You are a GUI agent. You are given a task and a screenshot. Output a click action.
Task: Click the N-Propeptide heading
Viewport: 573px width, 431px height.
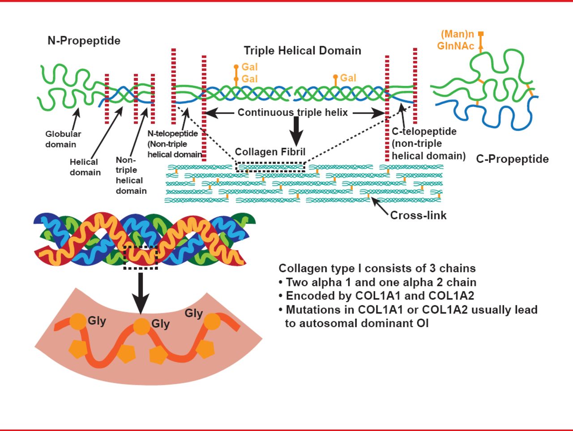pyautogui.click(x=84, y=41)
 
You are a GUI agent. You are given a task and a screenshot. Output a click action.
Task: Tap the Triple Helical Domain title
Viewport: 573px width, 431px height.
pyautogui.click(x=302, y=51)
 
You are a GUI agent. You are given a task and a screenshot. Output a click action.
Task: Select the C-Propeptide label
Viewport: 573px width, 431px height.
pyautogui.click(x=512, y=159)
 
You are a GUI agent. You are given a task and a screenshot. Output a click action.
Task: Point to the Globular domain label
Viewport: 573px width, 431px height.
pyautogui.click(x=63, y=139)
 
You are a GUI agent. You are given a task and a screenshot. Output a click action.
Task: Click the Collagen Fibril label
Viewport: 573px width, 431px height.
pyautogui.click(x=270, y=152)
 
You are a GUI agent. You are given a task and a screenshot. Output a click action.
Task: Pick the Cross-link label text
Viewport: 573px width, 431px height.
pyautogui.click(x=418, y=215)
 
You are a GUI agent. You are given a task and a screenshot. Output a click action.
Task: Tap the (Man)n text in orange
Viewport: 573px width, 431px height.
pyautogui.click(x=457, y=34)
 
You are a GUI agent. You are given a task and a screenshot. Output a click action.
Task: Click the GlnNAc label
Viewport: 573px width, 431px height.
pyautogui.click(x=455, y=46)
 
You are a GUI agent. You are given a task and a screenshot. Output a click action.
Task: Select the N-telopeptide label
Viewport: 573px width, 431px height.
pyautogui.click(x=173, y=133)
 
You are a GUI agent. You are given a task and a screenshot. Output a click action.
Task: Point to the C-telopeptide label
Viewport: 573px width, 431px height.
pyautogui.click(x=424, y=132)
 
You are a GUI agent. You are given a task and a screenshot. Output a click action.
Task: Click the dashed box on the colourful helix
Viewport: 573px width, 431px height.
pyautogui.click(x=141, y=258)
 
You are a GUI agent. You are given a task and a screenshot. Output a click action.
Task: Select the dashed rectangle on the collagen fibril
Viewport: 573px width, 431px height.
pyautogui.click(x=270, y=167)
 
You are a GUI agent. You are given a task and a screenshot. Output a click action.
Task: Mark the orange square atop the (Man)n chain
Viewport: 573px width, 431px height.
pyautogui.click(x=481, y=34)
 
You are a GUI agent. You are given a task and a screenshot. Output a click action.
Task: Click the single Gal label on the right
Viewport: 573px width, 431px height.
pyautogui.click(x=348, y=78)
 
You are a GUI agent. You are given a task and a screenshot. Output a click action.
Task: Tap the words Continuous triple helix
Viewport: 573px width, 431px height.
pyautogui.click(x=292, y=112)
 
